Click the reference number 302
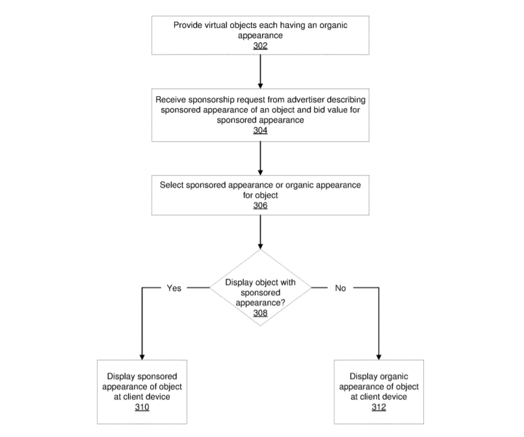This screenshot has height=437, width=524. tap(260, 46)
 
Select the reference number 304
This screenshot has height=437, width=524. tap(260, 130)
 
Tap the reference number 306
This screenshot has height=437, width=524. tap(260, 205)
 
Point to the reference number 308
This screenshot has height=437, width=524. tap(260, 313)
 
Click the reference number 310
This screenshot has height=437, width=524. tap(142, 407)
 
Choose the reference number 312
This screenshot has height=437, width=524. tap(378, 407)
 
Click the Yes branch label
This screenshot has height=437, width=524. tap(174, 288)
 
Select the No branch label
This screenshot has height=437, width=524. tap(340, 288)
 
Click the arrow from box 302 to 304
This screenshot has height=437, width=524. tap(260, 72)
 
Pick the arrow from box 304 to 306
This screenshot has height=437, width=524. tap(260, 158)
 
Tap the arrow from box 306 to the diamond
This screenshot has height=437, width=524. tap(260, 232)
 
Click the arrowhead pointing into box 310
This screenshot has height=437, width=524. tap(142, 357)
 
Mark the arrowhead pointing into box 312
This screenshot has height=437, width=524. tap(378, 357)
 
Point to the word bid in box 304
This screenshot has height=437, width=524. tap(319, 110)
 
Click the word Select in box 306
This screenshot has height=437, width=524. tap(172, 185)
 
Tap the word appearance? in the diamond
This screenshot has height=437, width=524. tap(260, 303)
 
